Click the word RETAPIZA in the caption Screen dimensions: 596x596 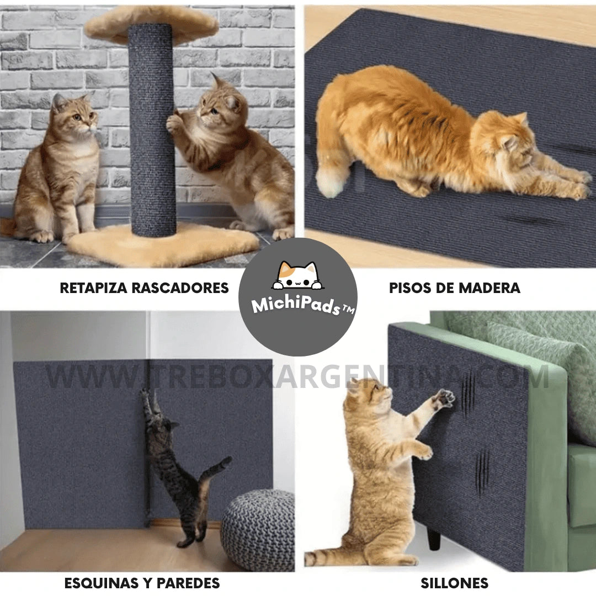(x=93, y=288)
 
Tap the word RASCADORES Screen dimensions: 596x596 (x=180, y=288)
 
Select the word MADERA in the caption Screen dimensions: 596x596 (x=489, y=288)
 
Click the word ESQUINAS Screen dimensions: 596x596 (x=102, y=583)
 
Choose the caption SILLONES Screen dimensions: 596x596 (x=454, y=583)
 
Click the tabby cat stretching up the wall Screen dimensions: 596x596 (x=179, y=467)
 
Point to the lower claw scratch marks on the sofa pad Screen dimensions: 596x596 (x=482, y=472)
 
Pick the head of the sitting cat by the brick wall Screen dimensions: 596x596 (x=74, y=114)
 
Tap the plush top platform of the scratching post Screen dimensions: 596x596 (x=152, y=23)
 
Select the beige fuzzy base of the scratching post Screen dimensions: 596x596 (x=163, y=244)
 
